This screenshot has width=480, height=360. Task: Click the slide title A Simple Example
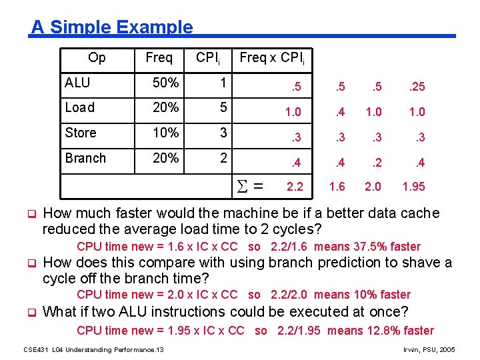click(x=112, y=27)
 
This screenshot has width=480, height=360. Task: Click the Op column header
click(x=97, y=58)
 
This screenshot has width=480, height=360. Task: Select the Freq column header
click(x=159, y=58)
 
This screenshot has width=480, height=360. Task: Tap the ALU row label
click(x=77, y=83)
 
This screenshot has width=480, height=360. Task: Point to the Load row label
click(x=80, y=108)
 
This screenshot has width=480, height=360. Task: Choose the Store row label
click(x=81, y=133)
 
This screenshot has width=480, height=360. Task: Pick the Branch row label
click(x=85, y=158)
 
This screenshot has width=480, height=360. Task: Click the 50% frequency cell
click(x=165, y=83)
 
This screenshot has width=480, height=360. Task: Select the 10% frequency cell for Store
click(x=165, y=133)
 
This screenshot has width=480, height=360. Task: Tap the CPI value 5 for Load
click(x=224, y=108)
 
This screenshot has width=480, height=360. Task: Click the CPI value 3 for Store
click(x=224, y=133)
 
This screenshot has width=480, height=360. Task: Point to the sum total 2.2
click(x=294, y=187)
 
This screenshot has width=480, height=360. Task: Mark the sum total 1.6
click(x=337, y=187)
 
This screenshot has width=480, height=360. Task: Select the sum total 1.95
click(x=413, y=187)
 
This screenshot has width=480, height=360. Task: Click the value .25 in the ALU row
click(x=417, y=87)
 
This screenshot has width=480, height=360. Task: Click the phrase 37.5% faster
click(x=387, y=247)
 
